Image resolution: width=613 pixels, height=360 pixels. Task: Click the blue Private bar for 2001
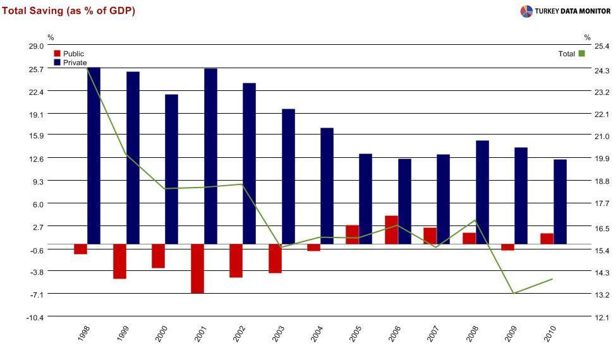[x=211, y=156]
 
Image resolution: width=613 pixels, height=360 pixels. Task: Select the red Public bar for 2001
[x=197, y=268]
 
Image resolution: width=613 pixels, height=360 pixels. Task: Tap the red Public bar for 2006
[x=391, y=230]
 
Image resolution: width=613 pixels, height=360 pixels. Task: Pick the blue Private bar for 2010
[x=560, y=201]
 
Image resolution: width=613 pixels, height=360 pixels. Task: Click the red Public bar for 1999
[x=119, y=261]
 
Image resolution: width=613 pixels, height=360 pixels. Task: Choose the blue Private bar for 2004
[x=327, y=186]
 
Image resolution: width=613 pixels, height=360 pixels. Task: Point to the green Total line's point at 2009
[x=514, y=293]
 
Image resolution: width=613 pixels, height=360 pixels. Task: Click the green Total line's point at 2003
[x=280, y=247]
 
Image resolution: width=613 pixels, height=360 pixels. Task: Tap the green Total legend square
[x=581, y=54]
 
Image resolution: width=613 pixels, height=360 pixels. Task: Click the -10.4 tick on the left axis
[x=34, y=317]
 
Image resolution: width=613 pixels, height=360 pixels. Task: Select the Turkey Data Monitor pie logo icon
[x=526, y=11]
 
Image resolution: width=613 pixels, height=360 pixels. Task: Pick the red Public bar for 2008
[x=469, y=238]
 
